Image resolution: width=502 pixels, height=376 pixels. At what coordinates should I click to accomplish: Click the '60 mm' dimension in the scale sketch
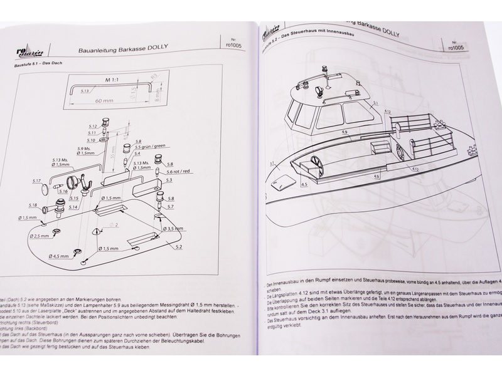tap(105, 99)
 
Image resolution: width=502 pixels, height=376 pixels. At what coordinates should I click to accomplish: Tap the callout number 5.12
tap(91, 125)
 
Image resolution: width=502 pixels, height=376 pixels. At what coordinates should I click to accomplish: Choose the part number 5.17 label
tap(36, 181)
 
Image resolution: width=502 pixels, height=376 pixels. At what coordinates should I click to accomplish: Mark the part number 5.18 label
tap(33, 205)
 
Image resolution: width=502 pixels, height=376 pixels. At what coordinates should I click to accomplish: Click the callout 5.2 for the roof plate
tap(179, 248)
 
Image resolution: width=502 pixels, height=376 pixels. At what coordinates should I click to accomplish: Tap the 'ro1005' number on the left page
tap(232, 45)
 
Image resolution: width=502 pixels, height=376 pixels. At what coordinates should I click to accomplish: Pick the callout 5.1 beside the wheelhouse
tap(375, 102)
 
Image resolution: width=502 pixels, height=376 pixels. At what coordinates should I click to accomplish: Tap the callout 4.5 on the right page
tap(304, 185)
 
